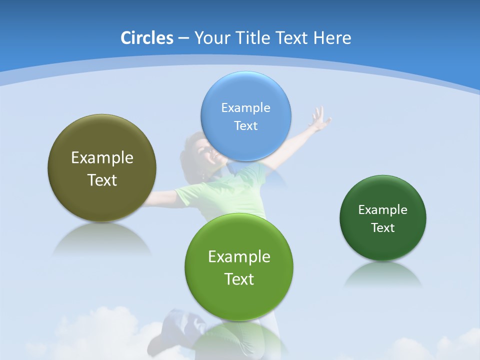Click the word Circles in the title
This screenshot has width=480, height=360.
click(146, 38)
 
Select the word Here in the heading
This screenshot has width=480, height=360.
click(332, 38)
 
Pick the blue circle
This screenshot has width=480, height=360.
click(245, 145)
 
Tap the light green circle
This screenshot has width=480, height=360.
click(239, 300)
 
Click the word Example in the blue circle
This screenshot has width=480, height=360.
click(245, 107)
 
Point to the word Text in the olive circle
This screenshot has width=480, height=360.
click(102, 180)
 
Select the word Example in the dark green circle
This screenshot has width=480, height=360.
click(383, 209)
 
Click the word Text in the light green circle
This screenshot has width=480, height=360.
click(239, 279)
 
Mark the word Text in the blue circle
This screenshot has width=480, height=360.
click(245, 125)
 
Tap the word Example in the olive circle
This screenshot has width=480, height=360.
click(102, 157)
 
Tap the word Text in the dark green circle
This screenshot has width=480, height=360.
click(383, 227)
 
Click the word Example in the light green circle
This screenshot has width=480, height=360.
click(239, 256)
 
